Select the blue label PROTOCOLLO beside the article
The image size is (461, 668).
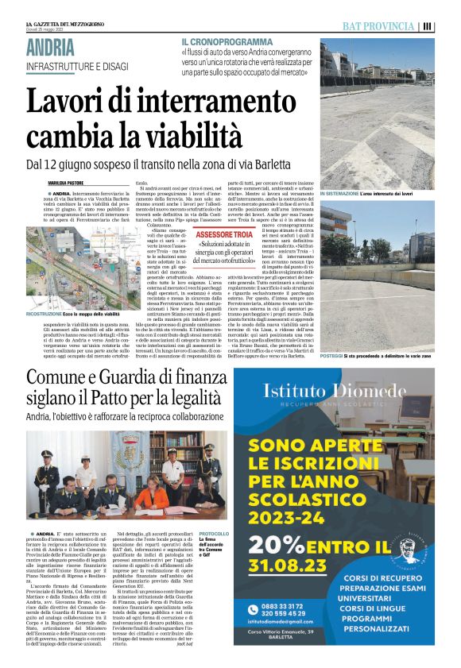[214, 534]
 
